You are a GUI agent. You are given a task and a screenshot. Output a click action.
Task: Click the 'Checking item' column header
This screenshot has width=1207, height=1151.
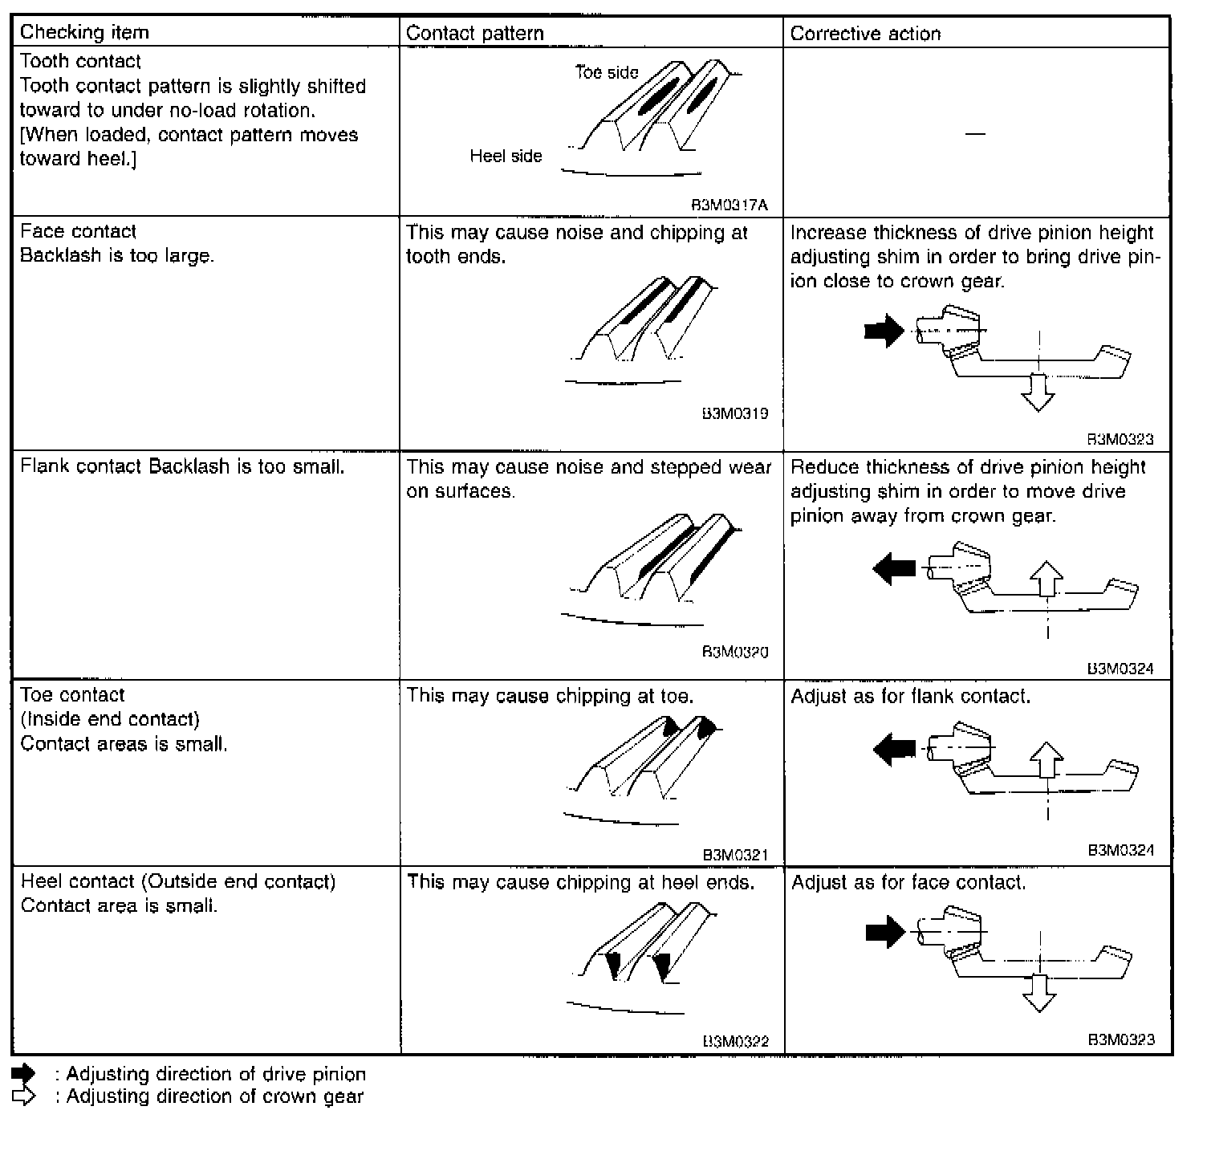click(84, 32)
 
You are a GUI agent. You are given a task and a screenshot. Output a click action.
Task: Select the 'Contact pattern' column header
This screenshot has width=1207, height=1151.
click(474, 33)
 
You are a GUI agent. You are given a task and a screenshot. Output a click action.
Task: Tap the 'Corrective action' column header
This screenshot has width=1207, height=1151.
click(865, 34)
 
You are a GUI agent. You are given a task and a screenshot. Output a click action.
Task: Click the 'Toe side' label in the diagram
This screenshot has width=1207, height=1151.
click(607, 72)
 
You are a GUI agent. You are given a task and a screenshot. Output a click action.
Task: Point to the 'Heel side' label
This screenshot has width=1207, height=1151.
click(506, 156)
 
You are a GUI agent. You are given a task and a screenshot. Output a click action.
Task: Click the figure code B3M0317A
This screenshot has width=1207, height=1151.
click(729, 205)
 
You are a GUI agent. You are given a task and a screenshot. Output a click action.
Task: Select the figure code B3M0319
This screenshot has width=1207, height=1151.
click(734, 413)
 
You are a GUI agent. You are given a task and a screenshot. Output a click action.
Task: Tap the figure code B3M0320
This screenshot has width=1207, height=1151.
click(734, 652)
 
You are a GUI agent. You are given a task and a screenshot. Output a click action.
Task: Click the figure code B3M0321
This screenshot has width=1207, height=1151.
click(735, 855)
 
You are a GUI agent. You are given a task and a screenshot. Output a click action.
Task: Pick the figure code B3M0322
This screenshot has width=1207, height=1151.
click(735, 1041)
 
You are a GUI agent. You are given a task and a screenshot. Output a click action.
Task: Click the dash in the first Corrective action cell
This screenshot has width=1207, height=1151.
click(975, 133)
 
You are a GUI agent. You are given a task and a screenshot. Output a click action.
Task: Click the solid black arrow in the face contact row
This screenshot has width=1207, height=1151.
click(884, 331)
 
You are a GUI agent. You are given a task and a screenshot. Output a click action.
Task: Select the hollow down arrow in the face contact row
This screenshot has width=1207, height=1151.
click(1038, 393)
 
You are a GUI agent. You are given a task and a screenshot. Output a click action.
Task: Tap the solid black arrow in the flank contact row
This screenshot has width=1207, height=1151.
click(893, 569)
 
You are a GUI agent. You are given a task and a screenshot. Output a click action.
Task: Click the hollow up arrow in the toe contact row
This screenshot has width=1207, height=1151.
click(1046, 760)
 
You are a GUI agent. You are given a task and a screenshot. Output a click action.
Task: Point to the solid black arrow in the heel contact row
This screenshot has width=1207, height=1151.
click(885, 932)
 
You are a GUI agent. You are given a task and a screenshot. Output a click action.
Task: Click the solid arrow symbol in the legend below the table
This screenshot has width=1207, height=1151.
click(24, 1074)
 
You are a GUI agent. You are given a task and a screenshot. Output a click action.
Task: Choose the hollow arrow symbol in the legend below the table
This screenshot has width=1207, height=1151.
click(24, 1096)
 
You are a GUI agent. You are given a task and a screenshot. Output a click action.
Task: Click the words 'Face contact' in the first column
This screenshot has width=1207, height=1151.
click(78, 231)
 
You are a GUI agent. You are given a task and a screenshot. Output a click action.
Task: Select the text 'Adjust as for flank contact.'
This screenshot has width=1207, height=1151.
click(910, 696)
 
